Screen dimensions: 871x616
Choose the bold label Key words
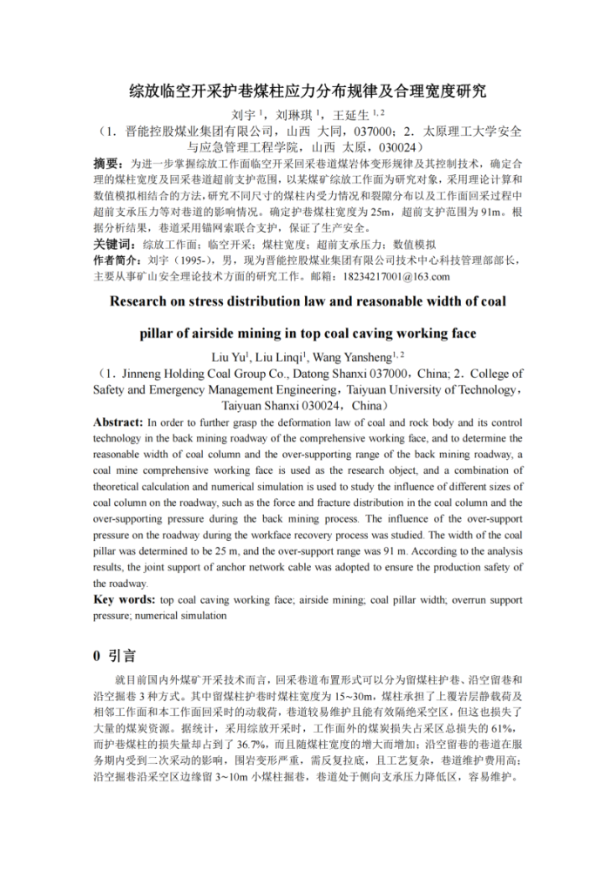point(123,600)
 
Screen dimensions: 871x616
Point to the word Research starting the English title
point(146,301)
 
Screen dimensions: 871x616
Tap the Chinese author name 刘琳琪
point(294,114)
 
